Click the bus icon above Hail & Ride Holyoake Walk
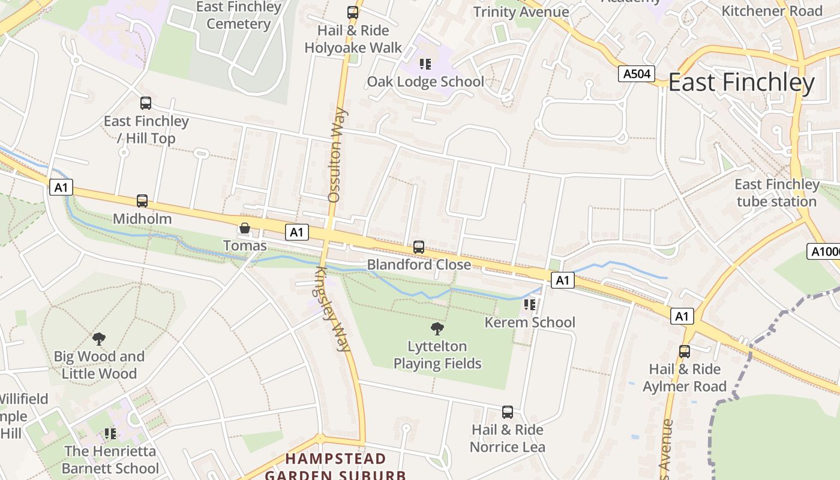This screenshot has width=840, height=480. (x=353, y=12)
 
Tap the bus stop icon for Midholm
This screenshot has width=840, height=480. (x=142, y=201)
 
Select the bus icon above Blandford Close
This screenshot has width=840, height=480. (x=419, y=247)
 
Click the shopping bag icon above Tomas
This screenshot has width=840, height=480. (x=245, y=228)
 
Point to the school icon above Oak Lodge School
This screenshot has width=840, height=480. (x=425, y=64)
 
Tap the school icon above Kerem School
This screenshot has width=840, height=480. (x=530, y=305)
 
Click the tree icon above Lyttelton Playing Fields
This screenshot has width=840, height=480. (x=437, y=328)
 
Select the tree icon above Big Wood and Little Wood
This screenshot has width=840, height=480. (x=99, y=339)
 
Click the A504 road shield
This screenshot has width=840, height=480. (x=636, y=74)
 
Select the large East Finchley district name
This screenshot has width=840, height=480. (x=741, y=83)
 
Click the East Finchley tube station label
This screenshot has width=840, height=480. (x=777, y=193)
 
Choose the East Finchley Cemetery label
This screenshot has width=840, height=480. (x=239, y=15)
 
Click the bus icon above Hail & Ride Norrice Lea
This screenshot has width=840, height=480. (x=508, y=412)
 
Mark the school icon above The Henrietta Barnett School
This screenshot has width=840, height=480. (x=110, y=433)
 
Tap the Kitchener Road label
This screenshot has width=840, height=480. (x=772, y=11)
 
